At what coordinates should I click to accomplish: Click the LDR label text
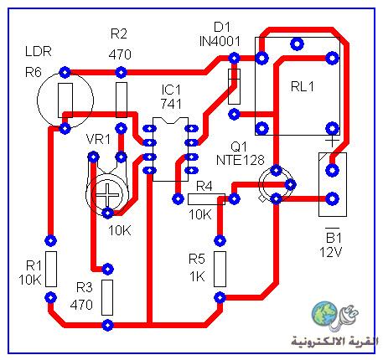[x=39, y=51]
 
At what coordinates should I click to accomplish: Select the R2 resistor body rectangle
[x=122, y=100]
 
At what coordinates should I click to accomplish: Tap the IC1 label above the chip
[x=171, y=90]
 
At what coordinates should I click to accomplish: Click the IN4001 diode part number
[x=220, y=41]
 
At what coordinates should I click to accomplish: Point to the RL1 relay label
[x=303, y=86]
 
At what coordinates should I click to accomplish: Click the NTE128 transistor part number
[x=240, y=160]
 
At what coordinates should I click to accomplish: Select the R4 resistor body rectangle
[x=206, y=199]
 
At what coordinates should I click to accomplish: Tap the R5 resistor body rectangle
[x=220, y=269]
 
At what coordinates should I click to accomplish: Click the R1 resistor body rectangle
[x=51, y=269]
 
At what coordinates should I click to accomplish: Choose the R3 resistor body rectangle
[x=107, y=297]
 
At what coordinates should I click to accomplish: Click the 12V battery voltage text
[x=330, y=252]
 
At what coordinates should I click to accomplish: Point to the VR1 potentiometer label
[x=98, y=139]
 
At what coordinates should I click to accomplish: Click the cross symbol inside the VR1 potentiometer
[x=107, y=195]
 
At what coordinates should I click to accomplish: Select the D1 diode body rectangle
[x=234, y=87]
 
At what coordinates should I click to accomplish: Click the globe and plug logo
[x=334, y=316]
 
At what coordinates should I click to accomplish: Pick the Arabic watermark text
[x=334, y=342]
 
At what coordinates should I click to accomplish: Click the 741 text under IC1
[x=171, y=104]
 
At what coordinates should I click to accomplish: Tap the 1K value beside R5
[x=197, y=276]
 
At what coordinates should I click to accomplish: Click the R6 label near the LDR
[x=34, y=73]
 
